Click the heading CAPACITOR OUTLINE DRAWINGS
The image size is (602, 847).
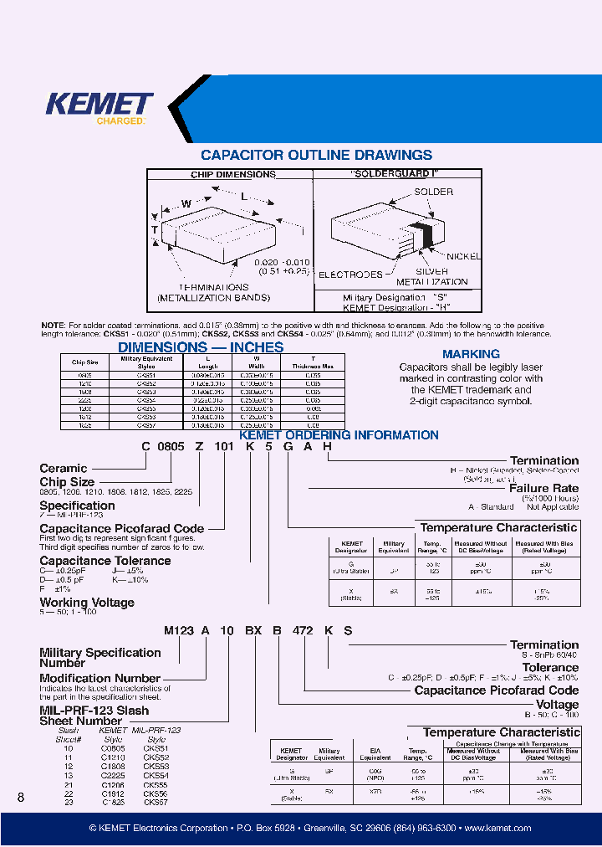tap(316, 156)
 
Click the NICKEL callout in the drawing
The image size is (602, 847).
tap(463, 255)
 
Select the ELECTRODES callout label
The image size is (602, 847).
tap(351, 274)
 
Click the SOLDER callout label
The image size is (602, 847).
tap(434, 192)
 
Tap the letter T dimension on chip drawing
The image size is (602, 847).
tap(155, 229)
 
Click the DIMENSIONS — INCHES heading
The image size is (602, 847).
tap(201, 347)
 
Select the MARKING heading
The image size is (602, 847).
tap(471, 354)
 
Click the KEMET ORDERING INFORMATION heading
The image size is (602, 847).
tap(339, 435)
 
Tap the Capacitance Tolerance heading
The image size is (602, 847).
tap(105, 561)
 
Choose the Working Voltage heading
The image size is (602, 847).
tap(87, 603)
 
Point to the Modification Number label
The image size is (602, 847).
tap(99, 678)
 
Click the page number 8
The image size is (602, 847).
tap(21, 798)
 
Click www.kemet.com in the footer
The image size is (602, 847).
tap(498, 828)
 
